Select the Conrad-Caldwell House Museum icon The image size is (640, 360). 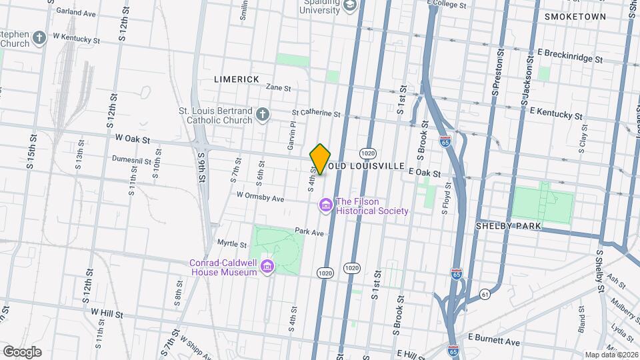(267, 267)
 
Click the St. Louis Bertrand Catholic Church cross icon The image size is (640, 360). (263, 115)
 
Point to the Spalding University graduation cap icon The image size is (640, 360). (349, 6)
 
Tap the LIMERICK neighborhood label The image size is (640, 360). (237, 79)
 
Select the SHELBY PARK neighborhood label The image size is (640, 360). (507, 227)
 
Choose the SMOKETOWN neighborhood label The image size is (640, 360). (575, 17)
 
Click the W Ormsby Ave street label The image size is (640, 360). (260, 198)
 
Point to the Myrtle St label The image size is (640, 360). (232, 244)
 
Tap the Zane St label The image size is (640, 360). (279, 87)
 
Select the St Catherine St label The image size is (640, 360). (316, 113)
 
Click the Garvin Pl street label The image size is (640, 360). (291, 136)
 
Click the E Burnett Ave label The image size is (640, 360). (494, 341)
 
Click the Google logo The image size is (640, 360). (22, 351)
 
